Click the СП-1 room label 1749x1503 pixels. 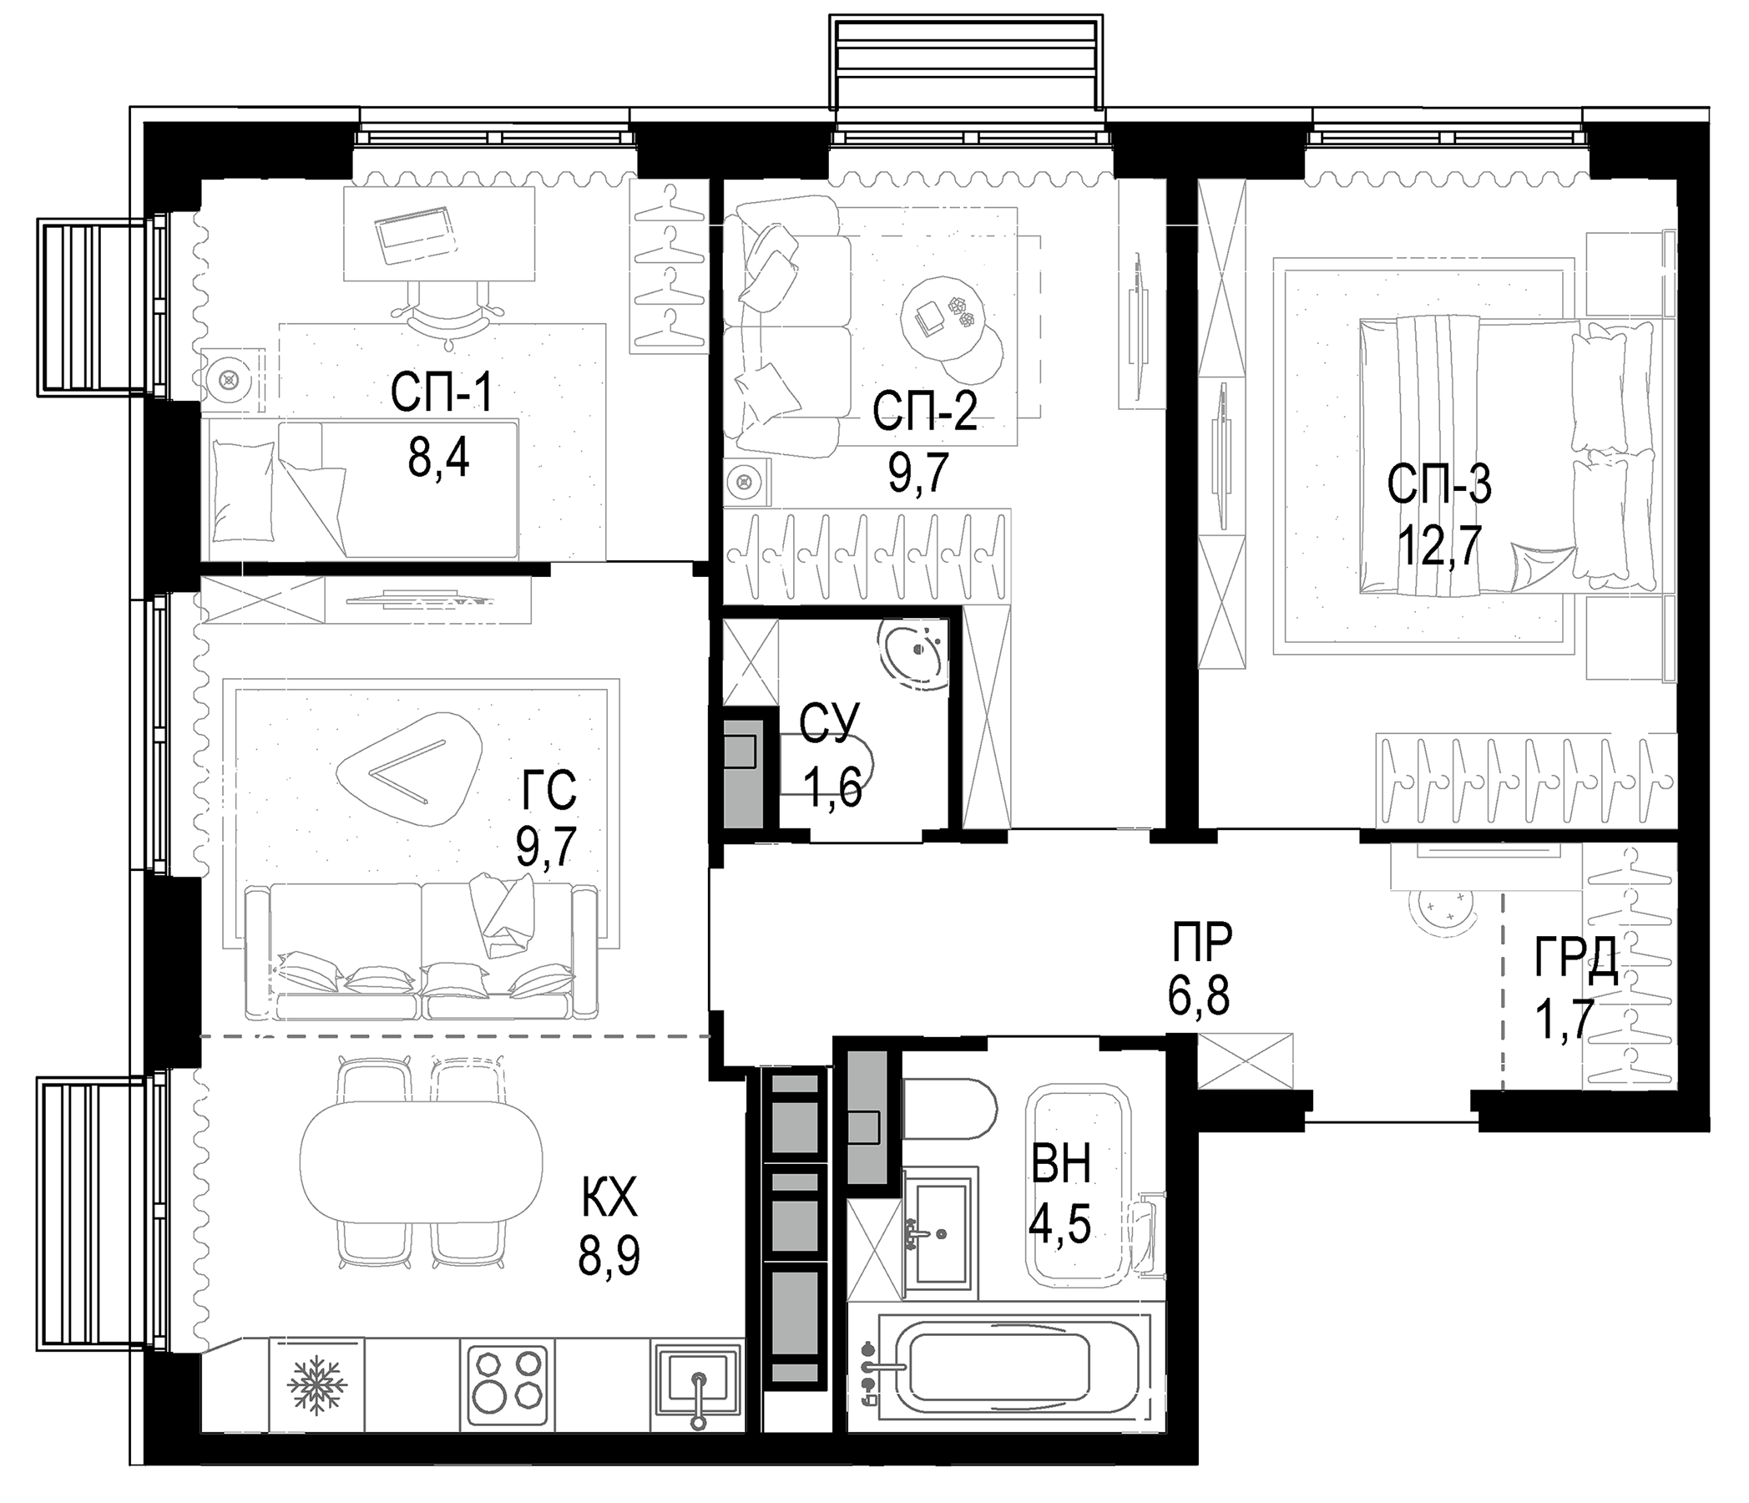(x=441, y=393)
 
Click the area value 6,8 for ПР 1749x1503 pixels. (x=1200, y=998)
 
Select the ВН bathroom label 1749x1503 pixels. (x=1061, y=1163)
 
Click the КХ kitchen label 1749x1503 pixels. (x=609, y=1200)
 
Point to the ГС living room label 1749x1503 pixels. (x=548, y=792)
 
